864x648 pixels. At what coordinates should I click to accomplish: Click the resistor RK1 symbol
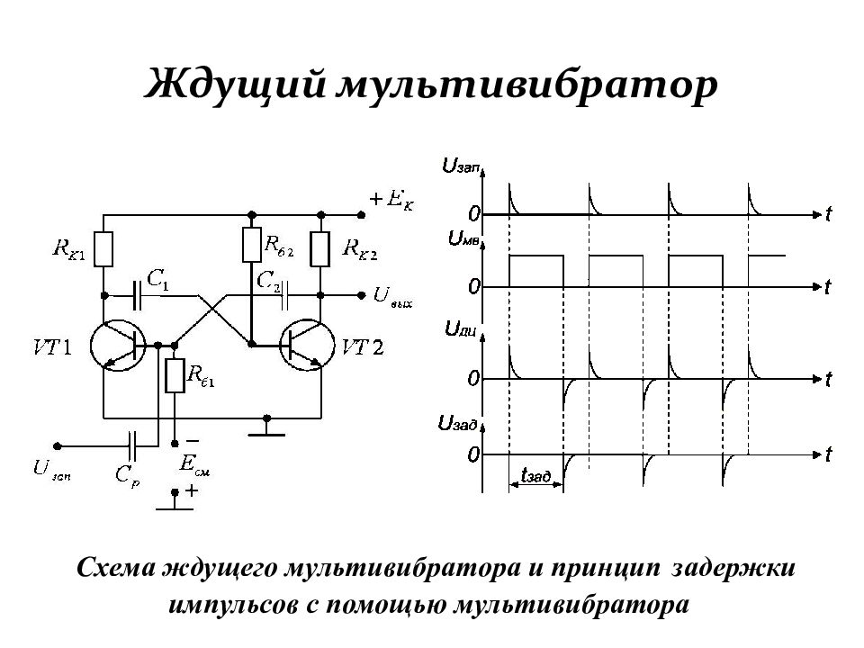pyautogui.click(x=103, y=249)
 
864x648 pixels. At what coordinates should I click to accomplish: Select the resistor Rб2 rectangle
pyautogui.click(x=251, y=245)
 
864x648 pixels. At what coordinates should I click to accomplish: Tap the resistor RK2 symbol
pyautogui.click(x=320, y=249)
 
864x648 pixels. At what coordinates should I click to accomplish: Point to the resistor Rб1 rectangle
pyautogui.click(x=175, y=375)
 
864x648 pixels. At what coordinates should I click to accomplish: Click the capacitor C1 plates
pyautogui.click(x=137, y=295)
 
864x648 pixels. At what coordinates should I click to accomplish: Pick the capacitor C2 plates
pyautogui.click(x=284, y=296)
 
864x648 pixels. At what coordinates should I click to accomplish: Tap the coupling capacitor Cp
pyautogui.click(x=131, y=445)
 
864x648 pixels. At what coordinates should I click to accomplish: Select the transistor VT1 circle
pyautogui.click(x=118, y=345)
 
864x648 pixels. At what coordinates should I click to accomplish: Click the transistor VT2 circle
pyautogui.click(x=307, y=346)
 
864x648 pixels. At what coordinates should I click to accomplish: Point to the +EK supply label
pyautogui.click(x=391, y=200)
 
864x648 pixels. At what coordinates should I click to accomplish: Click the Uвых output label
pyautogui.click(x=393, y=297)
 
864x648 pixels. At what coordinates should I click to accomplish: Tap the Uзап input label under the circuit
pyautogui.click(x=52, y=470)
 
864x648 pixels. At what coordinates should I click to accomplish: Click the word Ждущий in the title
pyautogui.click(x=235, y=85)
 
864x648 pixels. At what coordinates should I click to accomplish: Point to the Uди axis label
pyautogui.click(x=460, y=330)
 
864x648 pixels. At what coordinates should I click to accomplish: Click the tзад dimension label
pyautogui.click(x=536, y=475)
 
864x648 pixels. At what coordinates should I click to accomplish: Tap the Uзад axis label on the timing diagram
pyautogui.click(x=457, y=424)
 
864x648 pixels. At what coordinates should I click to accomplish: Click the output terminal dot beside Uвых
pyautogui.click(x=362, y=296)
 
